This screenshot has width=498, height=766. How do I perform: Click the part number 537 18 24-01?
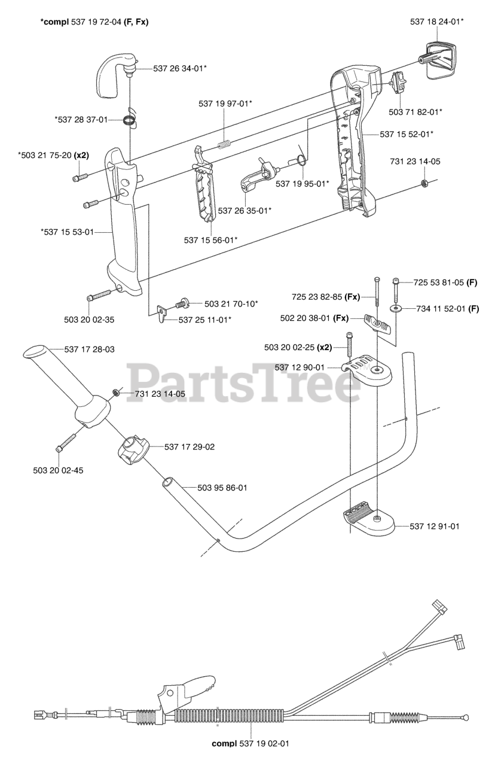click(436, 22)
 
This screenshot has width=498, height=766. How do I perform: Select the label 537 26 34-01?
click(180, 68)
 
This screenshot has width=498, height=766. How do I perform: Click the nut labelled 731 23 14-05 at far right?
click(424, 183)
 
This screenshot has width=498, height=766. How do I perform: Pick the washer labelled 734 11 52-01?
click(397, 308)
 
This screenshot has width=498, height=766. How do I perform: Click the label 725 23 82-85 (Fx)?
click(325, 296)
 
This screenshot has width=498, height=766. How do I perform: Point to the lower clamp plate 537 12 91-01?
click(368, 520)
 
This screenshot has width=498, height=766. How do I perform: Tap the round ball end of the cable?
click(464, 716)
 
